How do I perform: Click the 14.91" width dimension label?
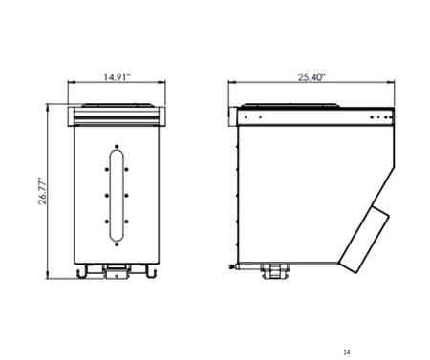(x=117, y=77)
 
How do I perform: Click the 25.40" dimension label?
(x=312, y=77)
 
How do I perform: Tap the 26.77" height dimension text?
(x=42, y=191)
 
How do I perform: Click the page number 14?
(x=347, y=352)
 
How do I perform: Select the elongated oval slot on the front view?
(x=117, y=196)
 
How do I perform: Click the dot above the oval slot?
(x=117, y=147)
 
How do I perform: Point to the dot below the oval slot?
(x=117, y=244)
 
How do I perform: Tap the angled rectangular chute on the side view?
(x=364, y=240)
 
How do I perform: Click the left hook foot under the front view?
(x=81, y=272)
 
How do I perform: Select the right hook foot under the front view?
(x=151, y=272)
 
